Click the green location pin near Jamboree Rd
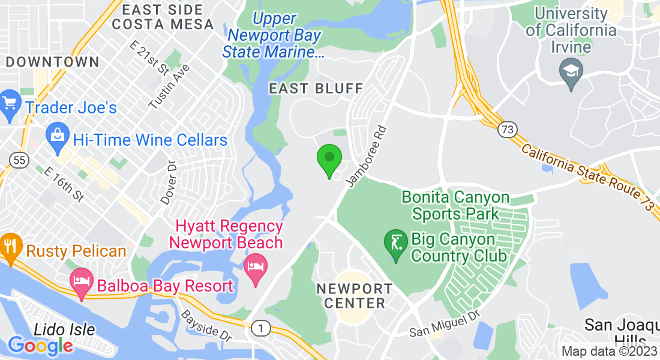click(329, 159)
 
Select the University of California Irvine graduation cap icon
click(570, 70)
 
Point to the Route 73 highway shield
click(507, 128)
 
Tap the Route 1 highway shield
click(259, 328)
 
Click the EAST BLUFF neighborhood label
click(316, 89)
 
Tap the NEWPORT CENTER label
click(354, 296)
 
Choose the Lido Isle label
click(64, 329)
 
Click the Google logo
click(40, 346)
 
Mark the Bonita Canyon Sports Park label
click(455, 205)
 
